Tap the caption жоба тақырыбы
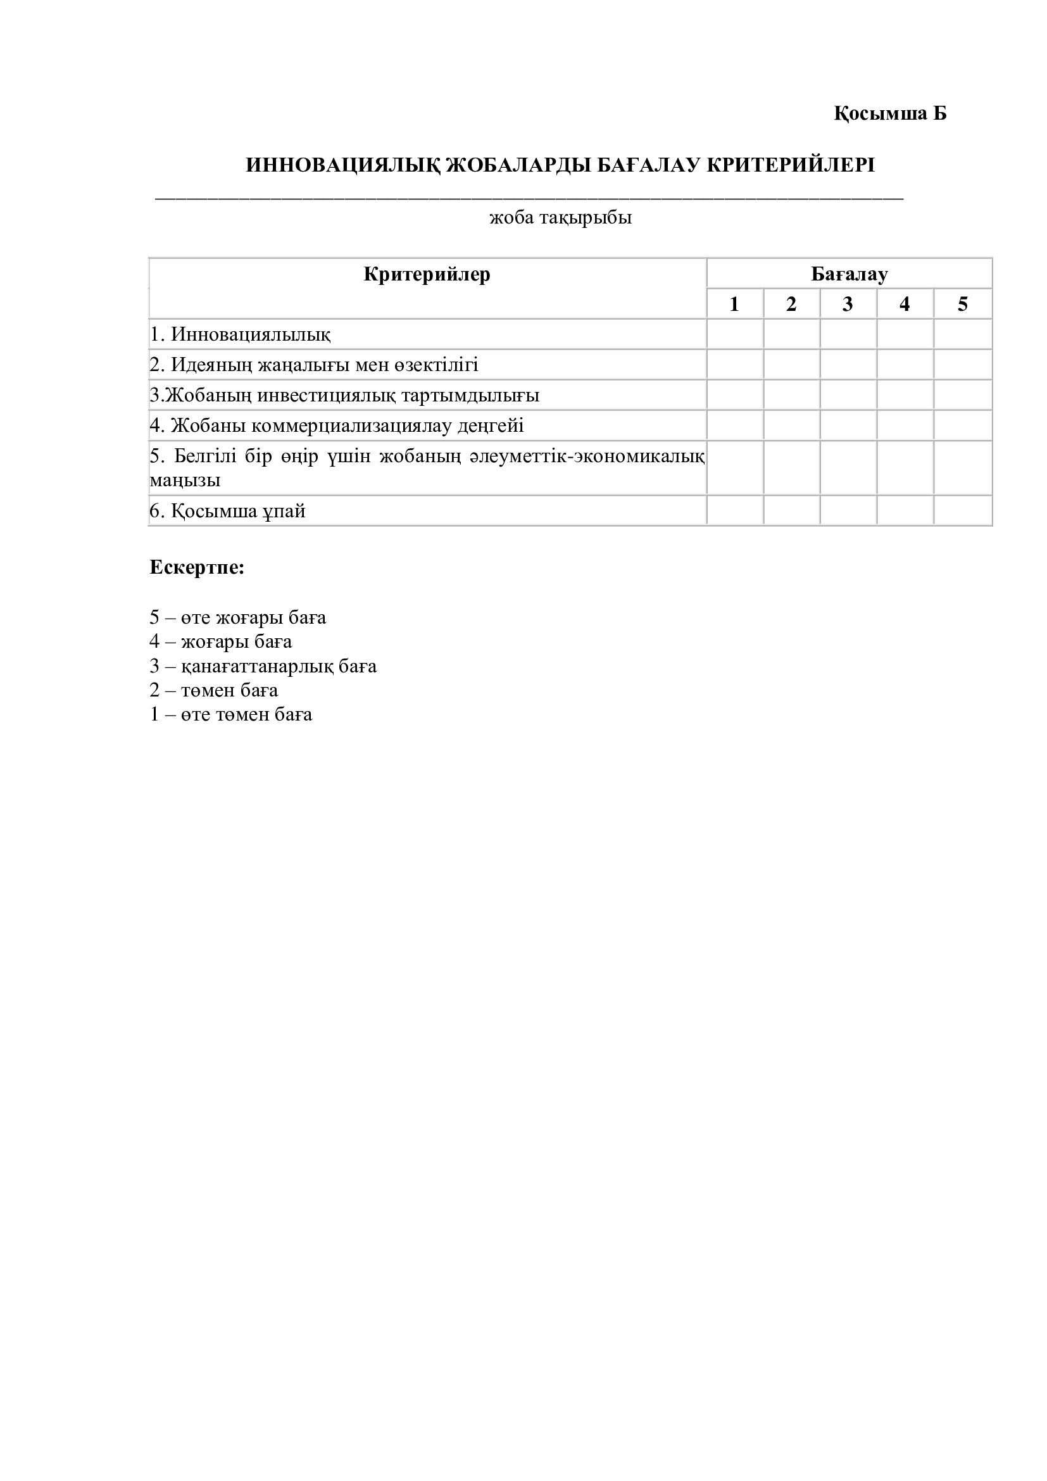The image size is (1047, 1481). [x=560, y=217]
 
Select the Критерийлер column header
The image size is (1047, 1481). [x=427, y=274]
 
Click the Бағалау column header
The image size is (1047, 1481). [x=849, y=274]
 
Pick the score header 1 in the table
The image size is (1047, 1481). [x=734, y=304]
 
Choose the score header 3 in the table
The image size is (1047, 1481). [x=848, y=304]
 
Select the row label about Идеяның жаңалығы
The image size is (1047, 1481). [x=314, y=365]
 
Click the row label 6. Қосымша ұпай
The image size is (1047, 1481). [x=228, y=511]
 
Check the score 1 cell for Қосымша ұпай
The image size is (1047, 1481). [x=735, y=511]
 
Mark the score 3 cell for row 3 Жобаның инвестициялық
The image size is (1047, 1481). [x=848, y=394]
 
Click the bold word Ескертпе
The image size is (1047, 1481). [x=197, y=567]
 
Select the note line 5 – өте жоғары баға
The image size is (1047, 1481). [x=238, y=617]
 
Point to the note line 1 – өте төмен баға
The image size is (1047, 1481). [x=231, y=714]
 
